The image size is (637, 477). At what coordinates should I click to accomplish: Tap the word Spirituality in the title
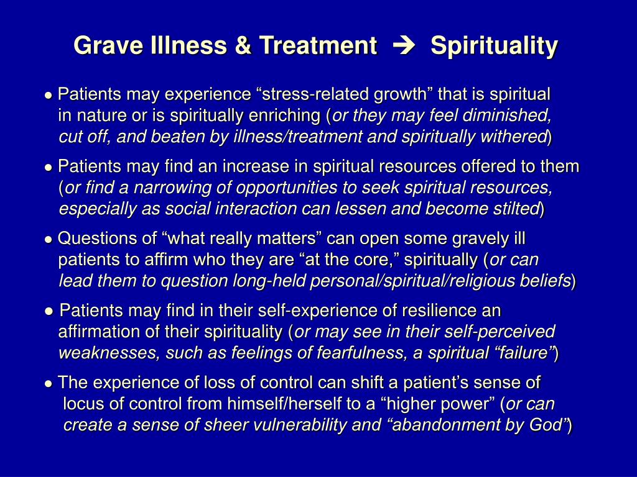pos(494,46)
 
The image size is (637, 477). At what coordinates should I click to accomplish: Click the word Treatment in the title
pos(317,46)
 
